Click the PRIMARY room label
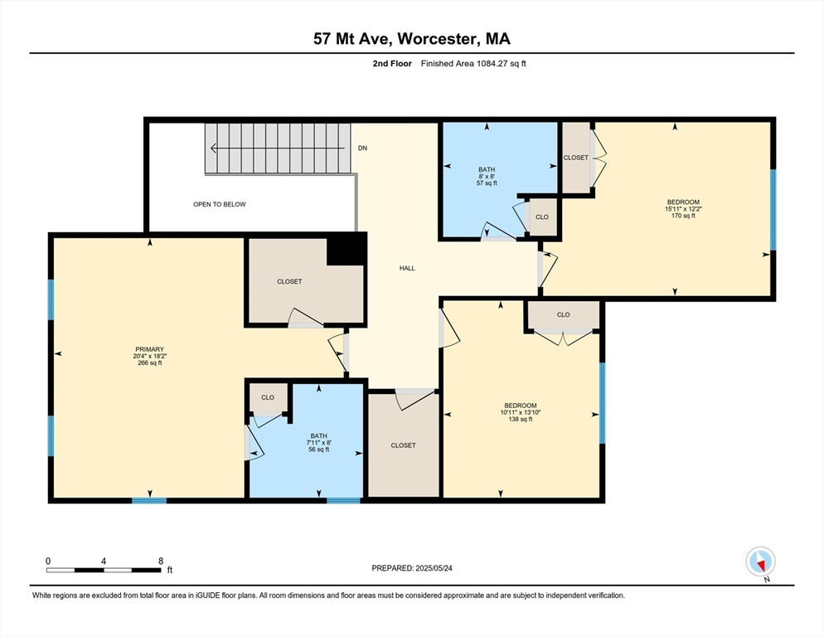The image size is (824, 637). point(150,349)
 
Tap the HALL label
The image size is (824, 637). point(407,268)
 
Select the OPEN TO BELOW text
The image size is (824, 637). point(220,204)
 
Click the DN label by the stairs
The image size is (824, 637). point(362,148)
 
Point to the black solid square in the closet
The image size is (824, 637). point(347,249)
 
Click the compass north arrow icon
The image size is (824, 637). point(760,562)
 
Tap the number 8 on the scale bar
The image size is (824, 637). point(161,561)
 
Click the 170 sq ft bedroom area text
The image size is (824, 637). point(683,216)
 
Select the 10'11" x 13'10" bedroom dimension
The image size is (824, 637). point(521,412)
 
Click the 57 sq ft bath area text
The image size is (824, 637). point(487,183)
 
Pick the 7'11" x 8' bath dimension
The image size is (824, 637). point(319,443)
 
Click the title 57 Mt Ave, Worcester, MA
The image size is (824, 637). point(412,39)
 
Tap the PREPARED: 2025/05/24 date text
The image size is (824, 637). point(412,568)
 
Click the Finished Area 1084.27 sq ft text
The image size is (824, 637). point(473,64)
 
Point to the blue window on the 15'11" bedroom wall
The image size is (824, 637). point(773,210)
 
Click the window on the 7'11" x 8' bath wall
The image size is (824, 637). point(344,500)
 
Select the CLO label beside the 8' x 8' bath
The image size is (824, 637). point(542,216)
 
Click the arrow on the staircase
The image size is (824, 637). point(279,148)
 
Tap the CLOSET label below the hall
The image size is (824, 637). point(403,445)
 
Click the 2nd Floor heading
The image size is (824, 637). point(392,64)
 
